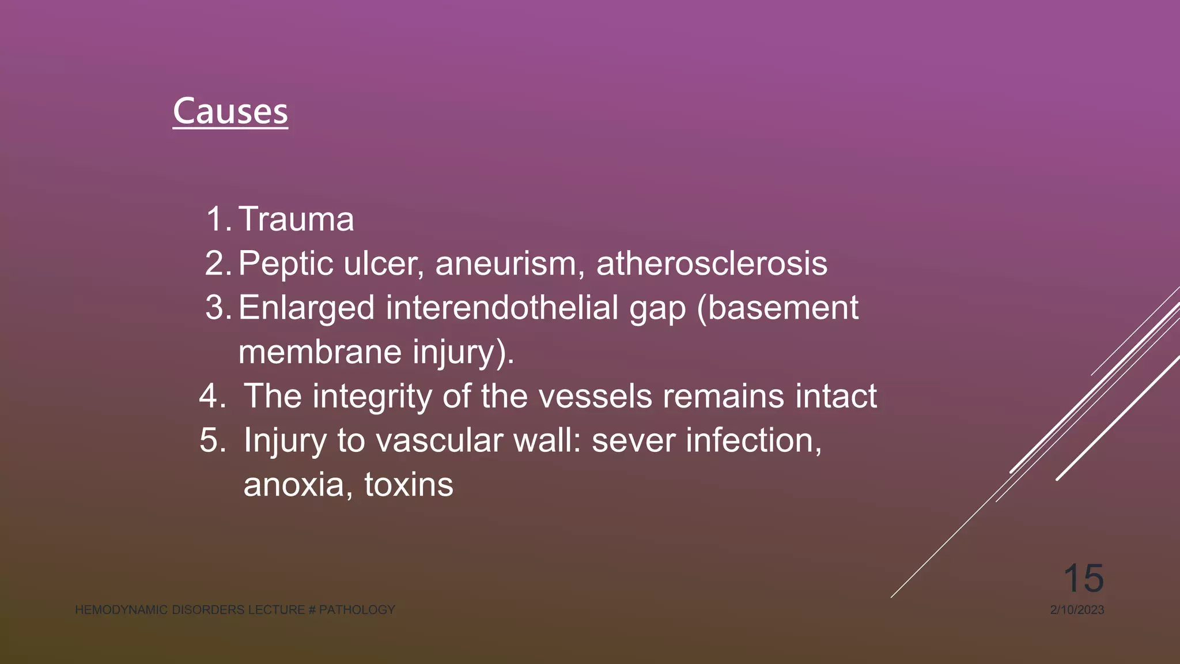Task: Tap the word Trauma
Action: pos(296,220)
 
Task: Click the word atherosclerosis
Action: pos(712,263)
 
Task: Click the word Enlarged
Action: pos(307,308)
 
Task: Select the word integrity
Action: pos(372,397)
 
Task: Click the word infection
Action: pos(763,441)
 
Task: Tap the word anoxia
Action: pos(294,485)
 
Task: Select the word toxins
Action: pos(409,485)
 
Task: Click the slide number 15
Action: pos(1083,578)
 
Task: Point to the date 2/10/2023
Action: pos(1077,610)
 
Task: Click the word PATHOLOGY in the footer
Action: pos(357,610)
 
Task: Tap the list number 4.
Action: pos(211,397)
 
